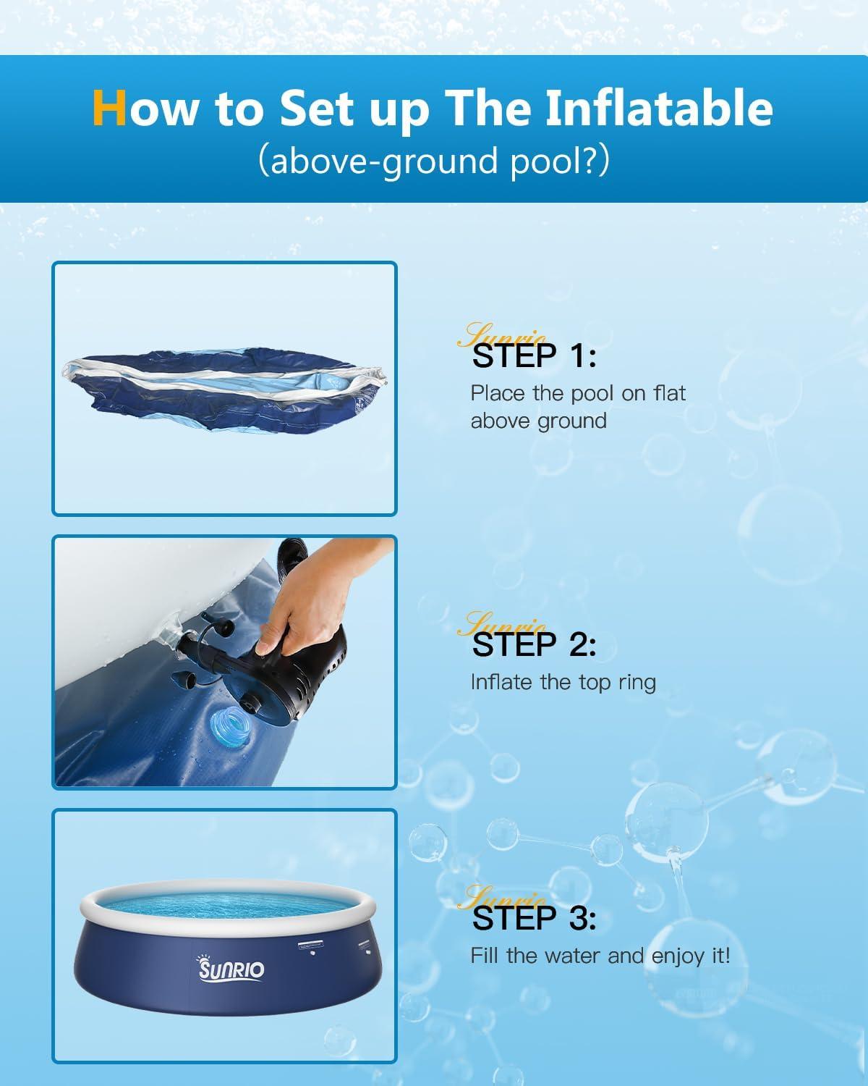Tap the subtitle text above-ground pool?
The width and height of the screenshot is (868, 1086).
pos(434,161)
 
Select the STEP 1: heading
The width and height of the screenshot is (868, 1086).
pos(534,356)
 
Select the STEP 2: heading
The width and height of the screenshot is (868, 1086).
pos(534,644)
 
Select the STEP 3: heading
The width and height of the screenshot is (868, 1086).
pos(534,918)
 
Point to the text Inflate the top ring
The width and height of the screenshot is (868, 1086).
pos(563,682)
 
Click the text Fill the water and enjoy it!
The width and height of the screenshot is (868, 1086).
pos(600,956)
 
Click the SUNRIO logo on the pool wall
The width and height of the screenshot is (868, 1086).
pos(231,969)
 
